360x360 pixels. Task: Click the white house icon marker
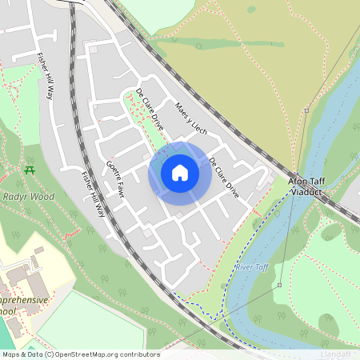(180, 173)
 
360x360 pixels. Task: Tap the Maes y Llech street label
(190, 120)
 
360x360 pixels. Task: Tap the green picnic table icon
(30, 169)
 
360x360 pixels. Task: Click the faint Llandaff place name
(334, 354)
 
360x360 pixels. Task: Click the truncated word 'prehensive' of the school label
(24, 299)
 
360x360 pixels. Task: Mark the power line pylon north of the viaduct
(306, 110)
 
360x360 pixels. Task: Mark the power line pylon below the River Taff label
(280, 285)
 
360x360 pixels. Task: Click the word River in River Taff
(244, 266)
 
